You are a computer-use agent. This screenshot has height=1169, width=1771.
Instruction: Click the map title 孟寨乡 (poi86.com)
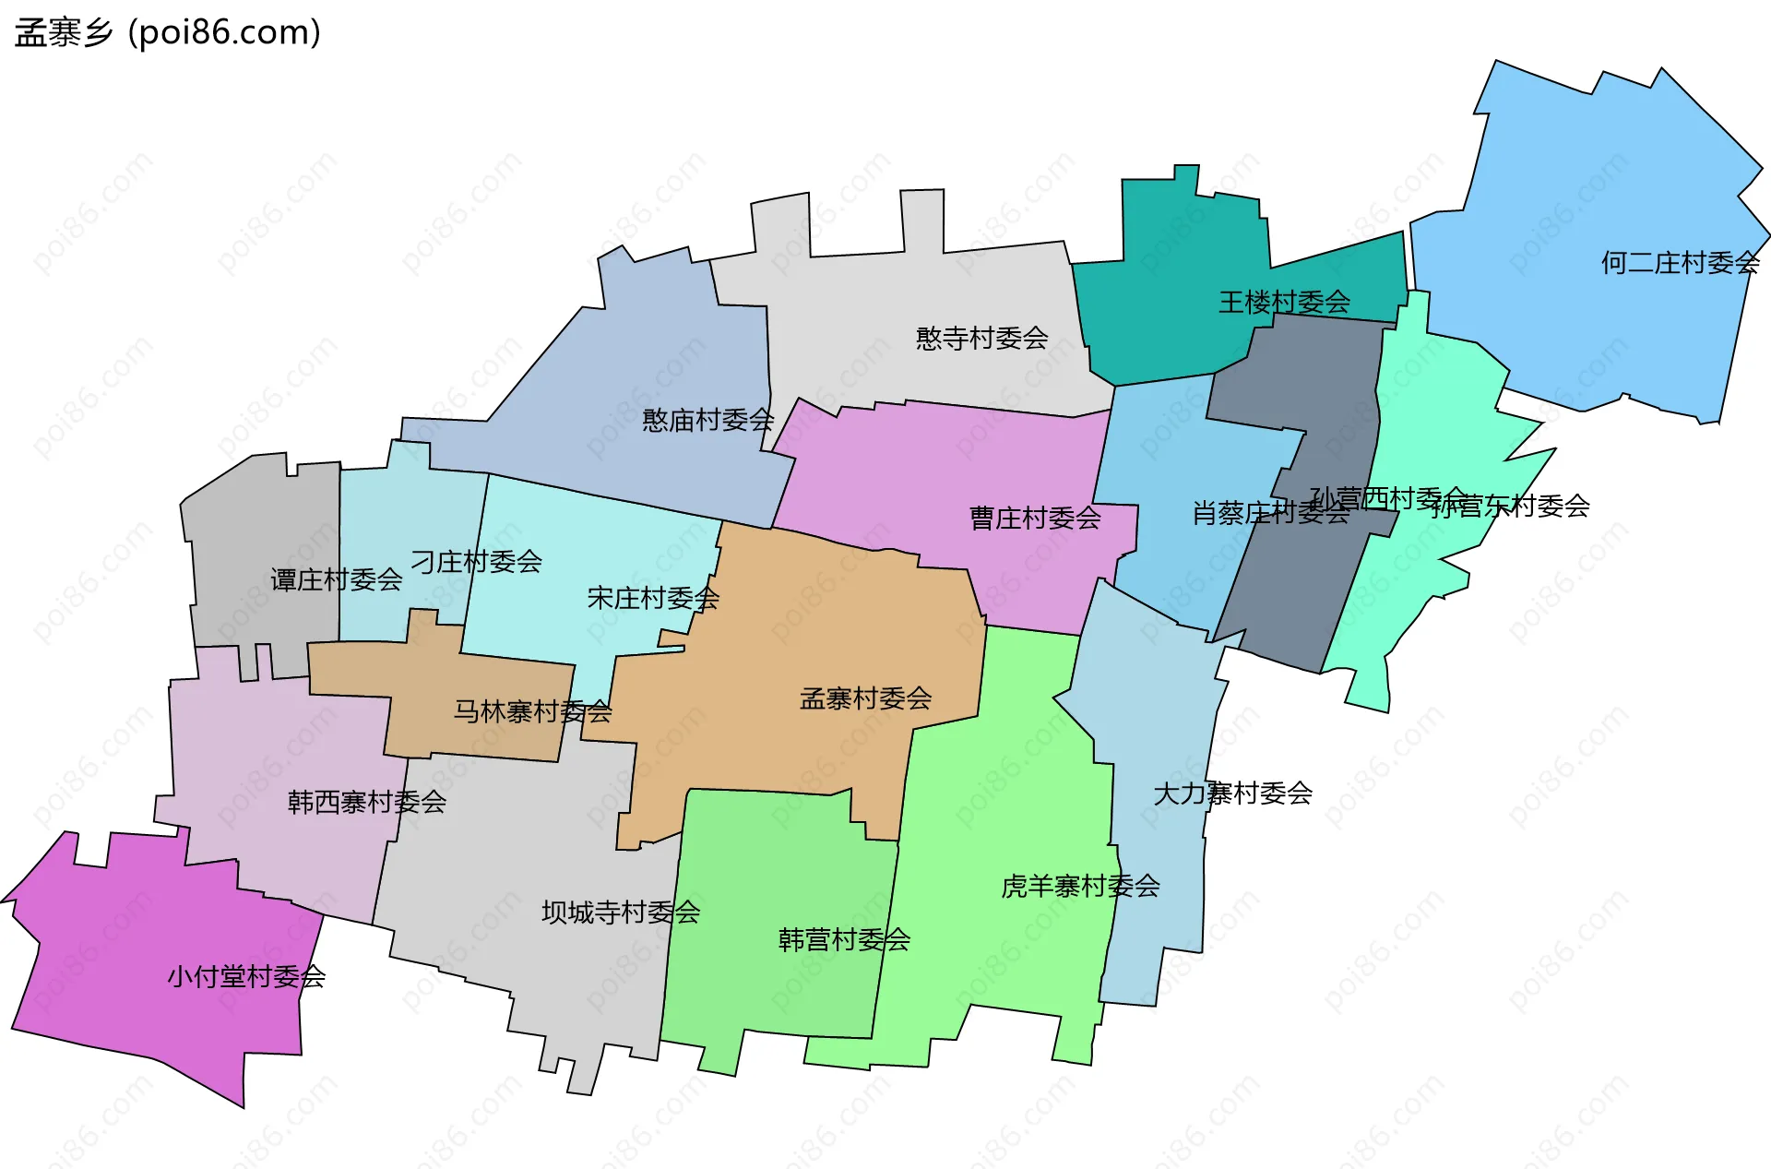(168, 33)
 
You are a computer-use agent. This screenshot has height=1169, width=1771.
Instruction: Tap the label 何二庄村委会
(1680, 263)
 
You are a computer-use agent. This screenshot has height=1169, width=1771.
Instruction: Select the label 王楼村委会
(1284, 302)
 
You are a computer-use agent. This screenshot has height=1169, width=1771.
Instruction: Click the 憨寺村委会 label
(981, 339)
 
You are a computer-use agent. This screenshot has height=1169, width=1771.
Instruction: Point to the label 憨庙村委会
(707, 421)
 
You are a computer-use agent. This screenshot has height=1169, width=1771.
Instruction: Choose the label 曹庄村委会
(1035, 519)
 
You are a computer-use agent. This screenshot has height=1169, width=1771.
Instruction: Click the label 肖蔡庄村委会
(1269, 513)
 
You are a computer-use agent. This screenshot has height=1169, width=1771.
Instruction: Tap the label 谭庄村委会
(336, 580)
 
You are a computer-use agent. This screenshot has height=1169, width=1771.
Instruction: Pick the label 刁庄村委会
(476, 562)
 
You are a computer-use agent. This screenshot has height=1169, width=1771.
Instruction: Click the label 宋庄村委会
(653, 599)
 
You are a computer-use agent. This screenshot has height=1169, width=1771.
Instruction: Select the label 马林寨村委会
(532, 711)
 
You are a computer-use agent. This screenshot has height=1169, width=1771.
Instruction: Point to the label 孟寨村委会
(865, 698)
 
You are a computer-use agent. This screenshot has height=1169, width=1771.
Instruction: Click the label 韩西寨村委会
(367, 802)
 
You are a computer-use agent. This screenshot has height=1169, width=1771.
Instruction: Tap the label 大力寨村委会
(1232, 793)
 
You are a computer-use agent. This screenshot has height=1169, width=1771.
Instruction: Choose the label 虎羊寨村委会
(1080, 887)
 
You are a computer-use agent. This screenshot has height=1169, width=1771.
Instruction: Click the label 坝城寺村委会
(621, 913)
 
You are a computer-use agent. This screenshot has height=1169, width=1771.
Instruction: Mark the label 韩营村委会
(844, 940)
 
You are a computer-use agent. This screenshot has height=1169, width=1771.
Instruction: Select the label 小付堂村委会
(246, 977)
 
